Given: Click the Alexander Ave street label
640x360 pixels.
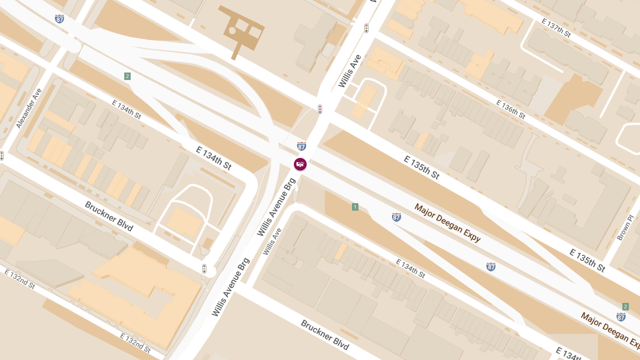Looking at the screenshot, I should tap(29, 108).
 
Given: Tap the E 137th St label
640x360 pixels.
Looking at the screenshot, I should tap(556, 28).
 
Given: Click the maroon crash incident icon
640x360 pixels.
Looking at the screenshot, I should tap(300, 164).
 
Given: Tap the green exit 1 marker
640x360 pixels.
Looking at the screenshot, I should tap(355, 207).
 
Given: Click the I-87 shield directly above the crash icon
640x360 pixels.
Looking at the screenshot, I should tap(302, 146).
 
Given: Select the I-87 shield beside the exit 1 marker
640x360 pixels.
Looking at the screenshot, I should tap(396, 217).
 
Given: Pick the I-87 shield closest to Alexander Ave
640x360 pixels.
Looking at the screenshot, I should tap(59, 19).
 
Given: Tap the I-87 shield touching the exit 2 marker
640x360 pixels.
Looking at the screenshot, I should tap(621, 317).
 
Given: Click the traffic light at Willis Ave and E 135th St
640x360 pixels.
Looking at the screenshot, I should tap(320, 109).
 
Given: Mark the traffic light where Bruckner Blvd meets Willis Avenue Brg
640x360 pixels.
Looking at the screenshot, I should tap(204, 269).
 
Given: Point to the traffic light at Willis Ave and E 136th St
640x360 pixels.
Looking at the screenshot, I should tap(366, 28).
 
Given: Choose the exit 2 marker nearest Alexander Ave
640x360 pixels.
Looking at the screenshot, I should tap(127, 76).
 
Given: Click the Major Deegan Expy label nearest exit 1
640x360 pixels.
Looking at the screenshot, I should tap(447, 222).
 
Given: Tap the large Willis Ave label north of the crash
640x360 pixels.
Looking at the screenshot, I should tap(350, 71).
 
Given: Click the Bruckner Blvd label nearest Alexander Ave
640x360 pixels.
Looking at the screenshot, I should tap(108, 216).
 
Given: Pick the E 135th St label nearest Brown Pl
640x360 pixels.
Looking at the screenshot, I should tap(587, 260).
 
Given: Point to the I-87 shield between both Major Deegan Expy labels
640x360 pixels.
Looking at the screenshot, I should tap(491, 266).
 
